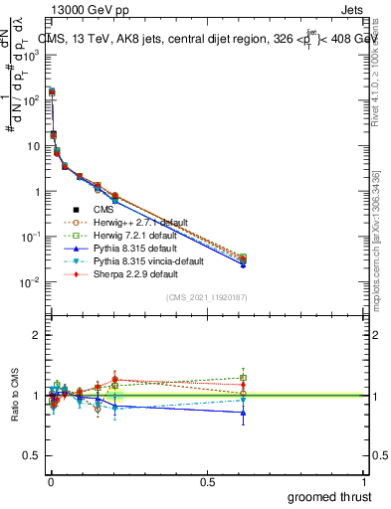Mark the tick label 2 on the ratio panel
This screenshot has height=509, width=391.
[x=36, y=335]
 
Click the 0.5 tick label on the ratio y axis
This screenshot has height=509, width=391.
[x=32, y=456]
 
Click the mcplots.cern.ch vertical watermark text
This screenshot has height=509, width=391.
[x=381, y=249]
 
